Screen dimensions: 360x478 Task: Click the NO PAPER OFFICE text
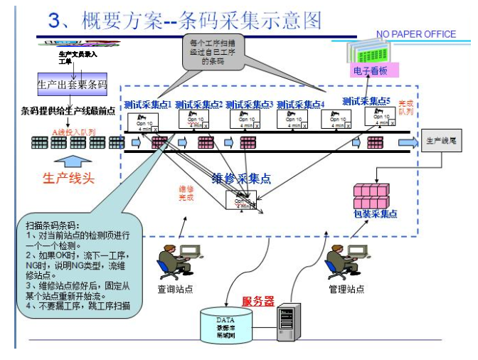[x=415, y=34]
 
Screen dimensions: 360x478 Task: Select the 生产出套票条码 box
[x=72, y=85]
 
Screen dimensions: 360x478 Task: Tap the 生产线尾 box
[x=445, y=141]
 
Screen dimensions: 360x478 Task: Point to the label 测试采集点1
[x=149, y=104]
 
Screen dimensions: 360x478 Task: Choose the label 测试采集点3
[x=250, y=104]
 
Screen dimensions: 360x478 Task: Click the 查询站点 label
[x=175, y=290]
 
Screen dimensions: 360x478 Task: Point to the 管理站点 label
[x=346, y=290]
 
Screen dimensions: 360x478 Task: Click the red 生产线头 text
[x=69, y=178]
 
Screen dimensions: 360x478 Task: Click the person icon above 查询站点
[x=169, y=262]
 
